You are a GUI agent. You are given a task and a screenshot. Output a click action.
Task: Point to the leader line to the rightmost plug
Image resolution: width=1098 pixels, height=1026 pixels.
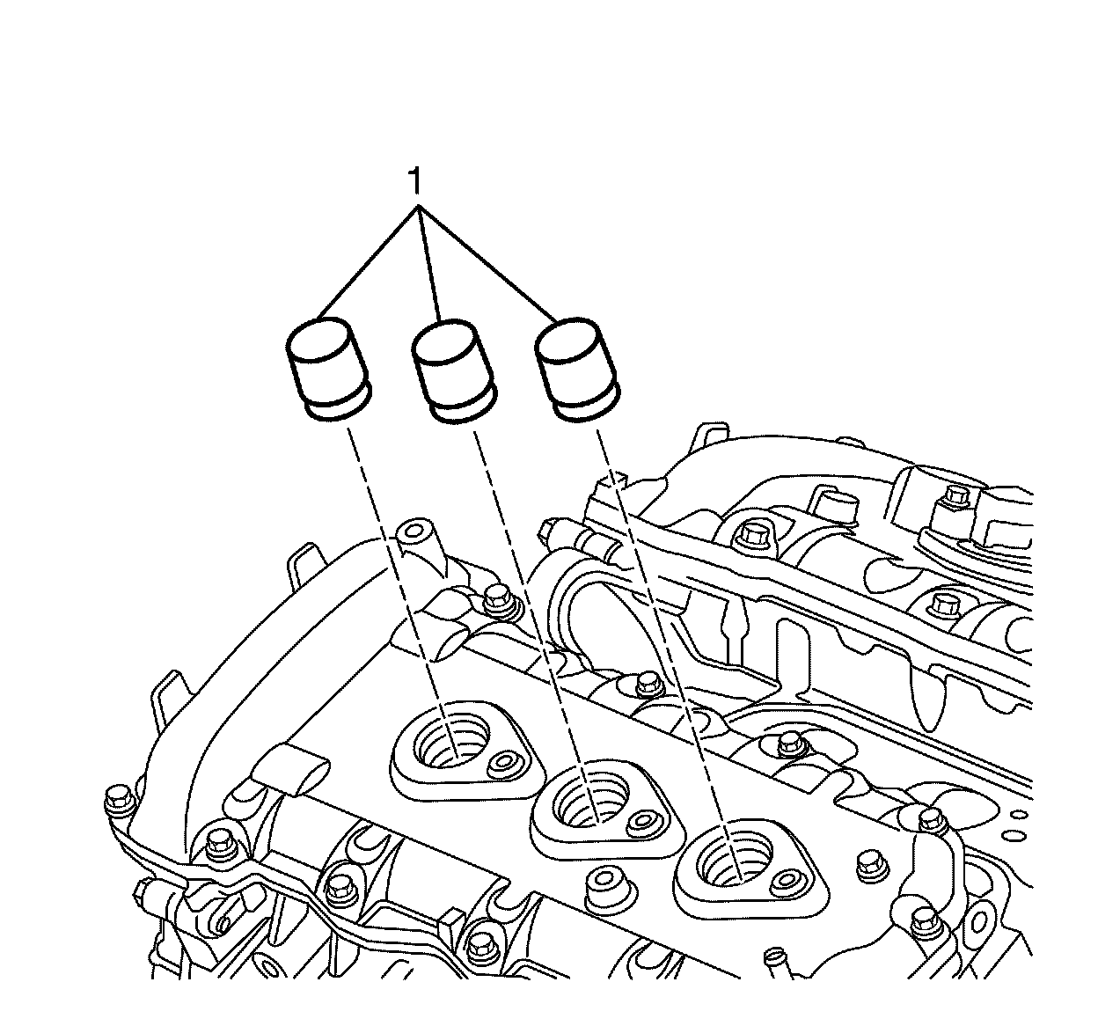pyautogui.click(x=488, y=264)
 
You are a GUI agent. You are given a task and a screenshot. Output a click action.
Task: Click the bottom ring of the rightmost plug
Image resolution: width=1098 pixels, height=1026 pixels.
pyautogui.click(x=586, y=407)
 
